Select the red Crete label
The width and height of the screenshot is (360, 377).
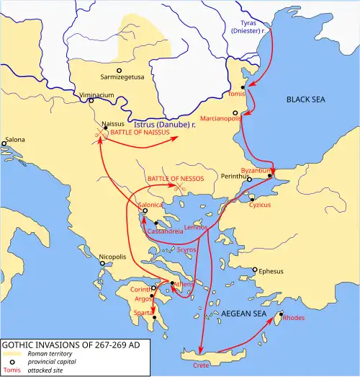tap(201, 365)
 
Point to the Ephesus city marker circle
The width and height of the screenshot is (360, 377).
tap(254, 271)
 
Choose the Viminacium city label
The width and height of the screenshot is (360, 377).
tap(92, 93)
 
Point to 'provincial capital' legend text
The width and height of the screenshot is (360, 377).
tap(53, 363)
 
